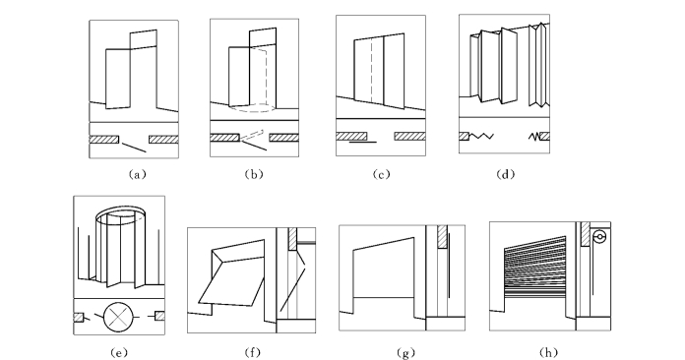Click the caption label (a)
(137, 174)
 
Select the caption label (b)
(254, 174)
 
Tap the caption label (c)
(381, 174)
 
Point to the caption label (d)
(506, 174)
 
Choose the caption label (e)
(119, 352)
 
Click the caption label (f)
(253, 352)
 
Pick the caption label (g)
(405, 352)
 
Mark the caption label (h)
(549, 352)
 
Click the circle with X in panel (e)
(118, 317)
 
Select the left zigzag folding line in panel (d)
(481, 137)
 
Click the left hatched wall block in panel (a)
(104, 140)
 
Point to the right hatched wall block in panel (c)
(409, 136)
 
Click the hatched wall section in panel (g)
(442, 237)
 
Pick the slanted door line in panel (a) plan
(134, 148)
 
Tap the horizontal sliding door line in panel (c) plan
(362, 142)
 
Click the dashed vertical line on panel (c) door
(372, 71)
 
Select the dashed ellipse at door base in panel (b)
(253, 108)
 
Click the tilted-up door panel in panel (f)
(232, 271)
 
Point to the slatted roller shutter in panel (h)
(535, 268)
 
